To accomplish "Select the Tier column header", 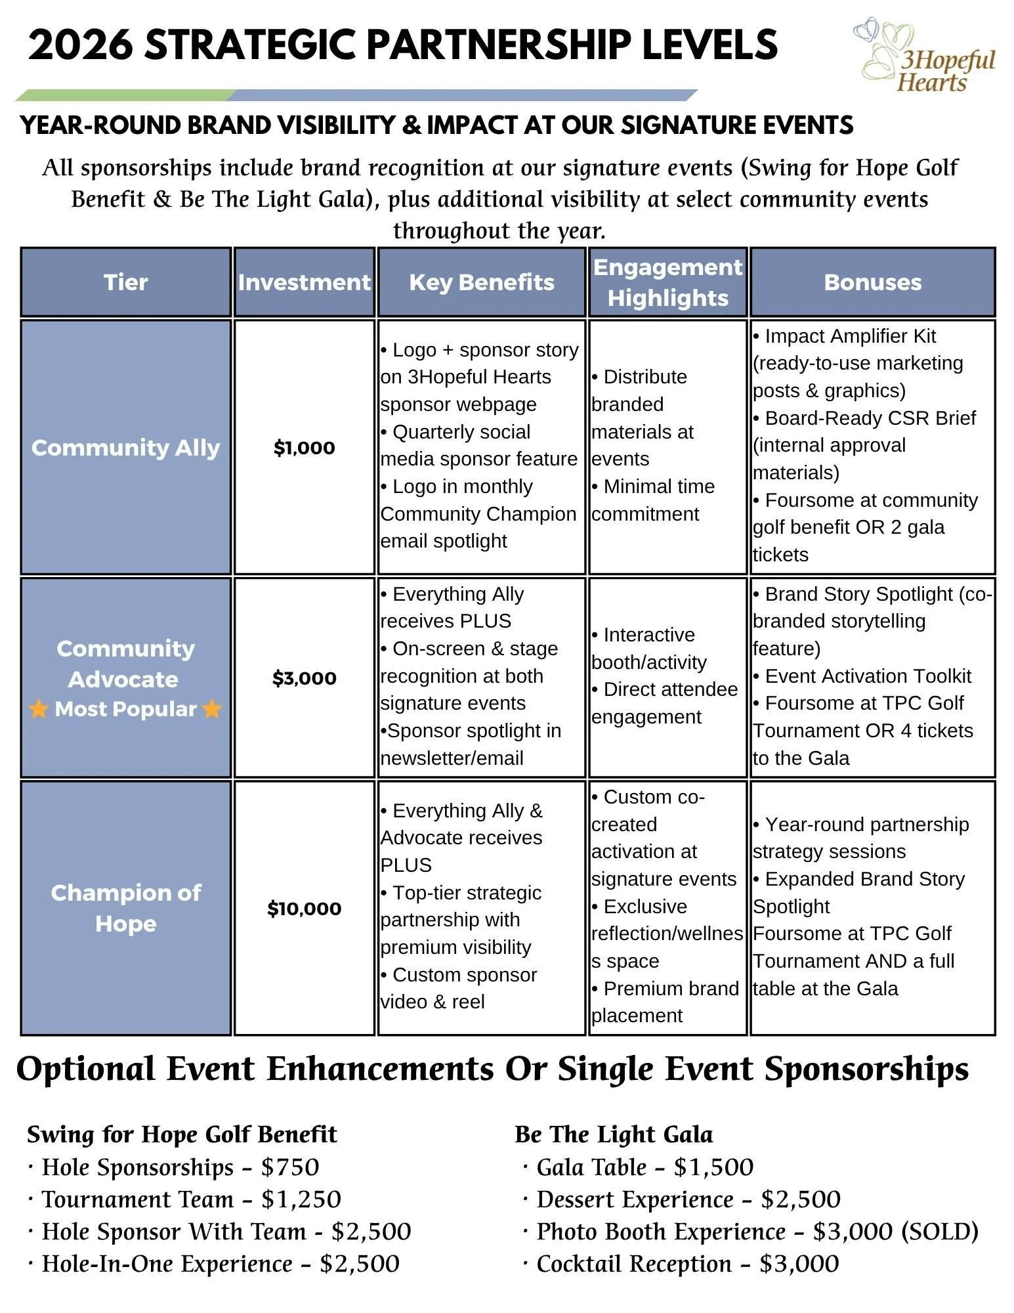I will click(125, 282).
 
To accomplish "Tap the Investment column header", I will click(304, 282).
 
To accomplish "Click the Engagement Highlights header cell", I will click(667, 282).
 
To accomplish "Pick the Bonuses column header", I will click(872, 282).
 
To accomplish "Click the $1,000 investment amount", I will click(304, 448).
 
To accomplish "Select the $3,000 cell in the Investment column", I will click(304, 678).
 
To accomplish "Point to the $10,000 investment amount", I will click(304, 909).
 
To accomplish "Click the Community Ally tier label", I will click(125, 448).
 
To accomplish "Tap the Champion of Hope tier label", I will click(125, 908).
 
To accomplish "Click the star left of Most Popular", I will click(39, 709).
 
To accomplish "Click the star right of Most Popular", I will click(212, 709).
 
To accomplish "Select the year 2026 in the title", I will click(80, 45).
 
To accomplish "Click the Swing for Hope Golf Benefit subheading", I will click(182, 1134).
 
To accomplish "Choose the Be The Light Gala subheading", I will click(614, 1134).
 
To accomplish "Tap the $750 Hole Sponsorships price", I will click(290, 1167).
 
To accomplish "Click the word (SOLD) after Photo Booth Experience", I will click(940, 1232).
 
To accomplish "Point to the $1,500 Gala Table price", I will click(713, 1167).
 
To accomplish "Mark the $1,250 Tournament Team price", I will click(301, 1199).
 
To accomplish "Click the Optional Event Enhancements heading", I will click(492, 1069).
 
